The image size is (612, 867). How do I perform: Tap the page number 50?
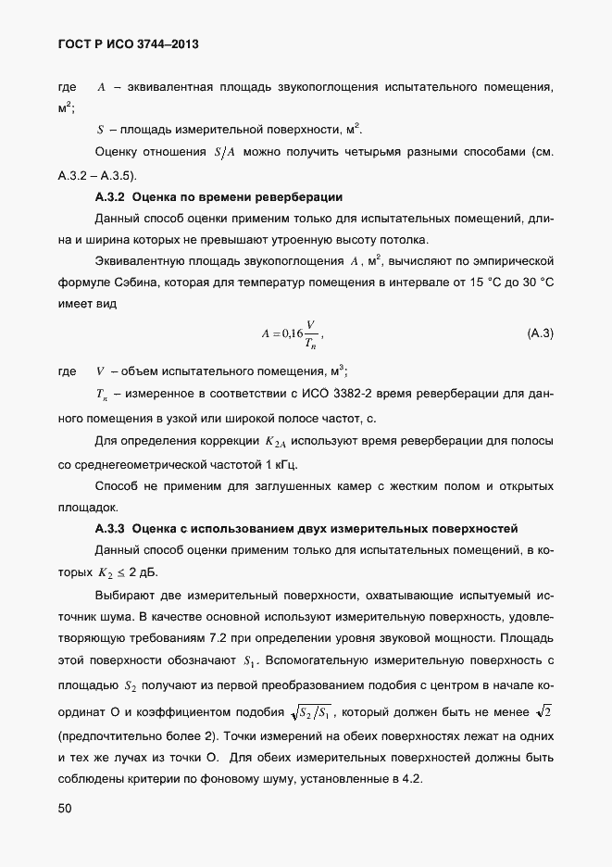coord(65,809)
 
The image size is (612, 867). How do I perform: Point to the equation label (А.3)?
coord(540,333)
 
